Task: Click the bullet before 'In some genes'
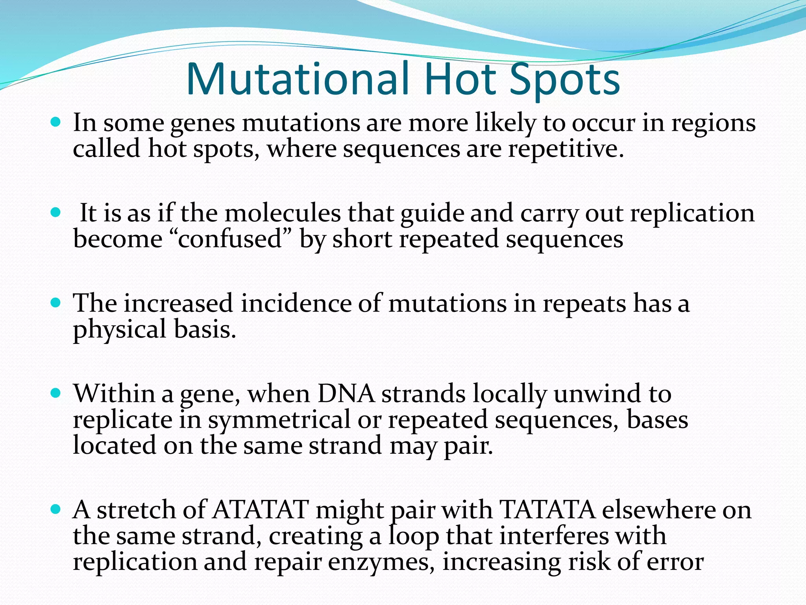(56, 122)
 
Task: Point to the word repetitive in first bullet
(565, 150)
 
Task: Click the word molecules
(283, 213)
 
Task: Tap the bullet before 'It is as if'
(56, 213)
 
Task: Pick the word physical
(119, 330)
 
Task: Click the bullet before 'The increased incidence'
(56, 303)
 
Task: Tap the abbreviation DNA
(346, 394)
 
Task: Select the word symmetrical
(279, 420)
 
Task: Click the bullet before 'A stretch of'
(56, 509)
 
